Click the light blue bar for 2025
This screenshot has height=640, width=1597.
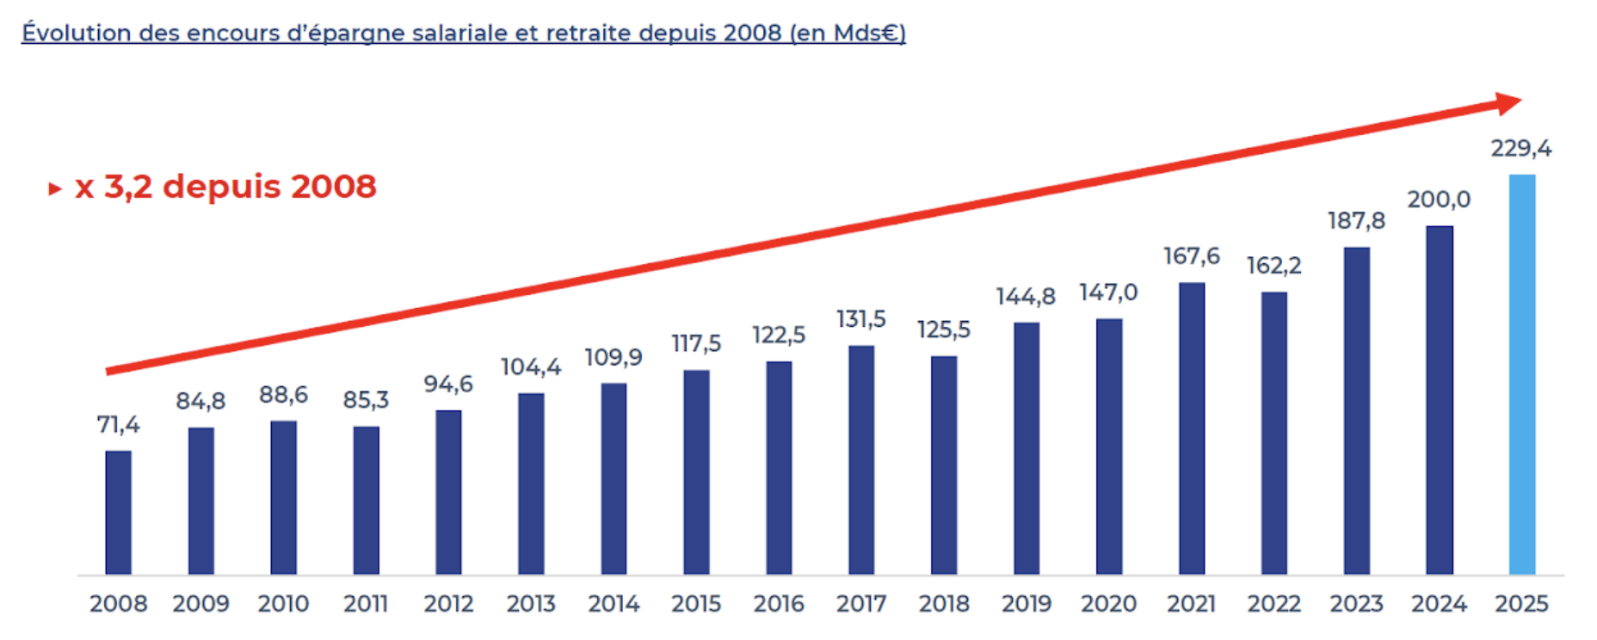click(1521, 374)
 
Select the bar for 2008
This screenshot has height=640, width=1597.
click(119, 513)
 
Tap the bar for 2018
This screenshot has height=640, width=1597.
click(944, 465)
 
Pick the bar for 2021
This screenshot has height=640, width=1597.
click(1192, 428)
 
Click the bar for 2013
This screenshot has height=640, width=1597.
click(531, 483)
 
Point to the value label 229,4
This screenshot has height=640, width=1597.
click(1521, 149)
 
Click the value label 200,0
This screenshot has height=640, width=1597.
click(1439, 200)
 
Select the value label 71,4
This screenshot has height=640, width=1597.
click(118, 425)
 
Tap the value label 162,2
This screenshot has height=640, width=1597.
click(1273, 266)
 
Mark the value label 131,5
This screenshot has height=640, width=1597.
click(860, 320)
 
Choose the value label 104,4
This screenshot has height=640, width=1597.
click(530, 367)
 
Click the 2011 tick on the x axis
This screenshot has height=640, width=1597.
click(366, 604)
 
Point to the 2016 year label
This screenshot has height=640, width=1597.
click(779, 604)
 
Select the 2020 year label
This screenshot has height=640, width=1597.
click(1108, 604)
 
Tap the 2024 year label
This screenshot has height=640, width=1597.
click(1439, 604)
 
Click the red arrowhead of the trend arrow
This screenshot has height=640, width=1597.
click(1508, 104)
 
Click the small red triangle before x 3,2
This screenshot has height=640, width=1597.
click(55, 188)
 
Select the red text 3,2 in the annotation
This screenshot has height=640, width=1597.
click(127, 187)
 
